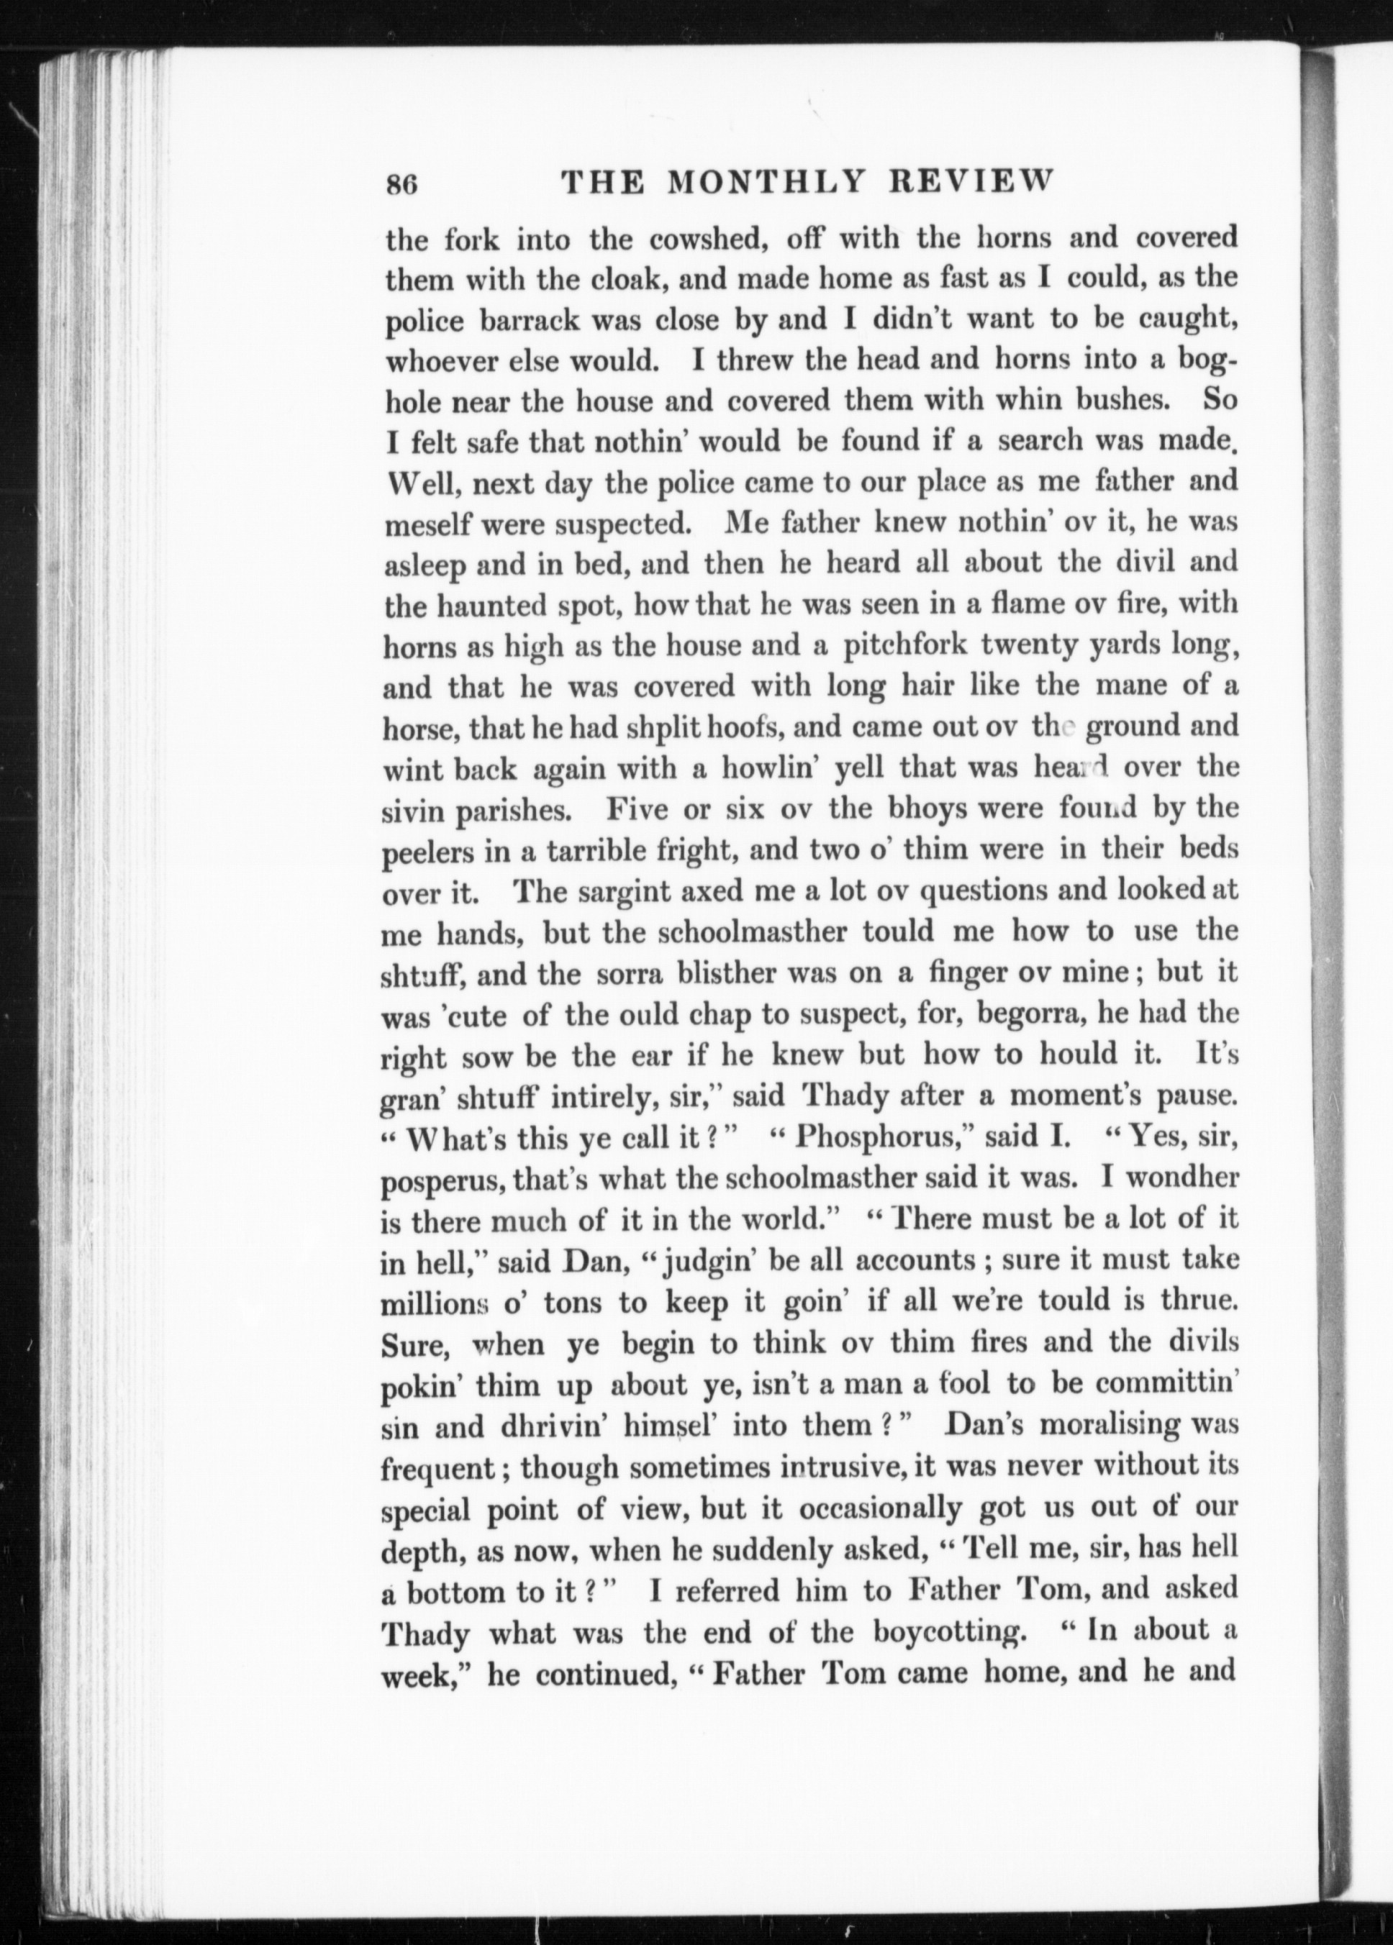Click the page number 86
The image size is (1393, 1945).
click(401, 186)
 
